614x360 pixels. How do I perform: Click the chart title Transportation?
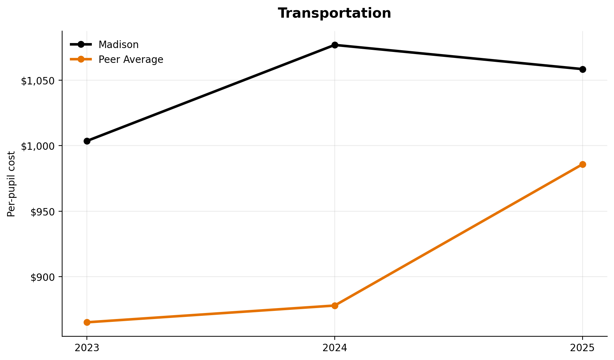[x=334, y=13]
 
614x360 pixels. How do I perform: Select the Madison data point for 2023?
[x=87, y=141]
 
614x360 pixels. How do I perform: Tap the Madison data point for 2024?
[x=335, y=45]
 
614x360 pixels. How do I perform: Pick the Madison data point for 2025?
[x=583, y=69]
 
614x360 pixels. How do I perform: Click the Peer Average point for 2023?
[x=87, y=322]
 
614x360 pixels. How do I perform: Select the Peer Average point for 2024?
[x=335, y=306]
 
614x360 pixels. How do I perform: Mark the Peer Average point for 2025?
[x=583, y=165]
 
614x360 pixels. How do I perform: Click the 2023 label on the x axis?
[x=87, y=348]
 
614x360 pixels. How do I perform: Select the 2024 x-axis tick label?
[x=335, y=348]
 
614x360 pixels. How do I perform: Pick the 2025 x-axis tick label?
[x=583, y=348]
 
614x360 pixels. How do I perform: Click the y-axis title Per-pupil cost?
[x=11, y=184]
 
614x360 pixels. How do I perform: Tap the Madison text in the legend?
[x=118, y=45]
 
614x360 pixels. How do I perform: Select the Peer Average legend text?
[x=131, y=60]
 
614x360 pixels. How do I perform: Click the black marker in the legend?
[x=81, y=44]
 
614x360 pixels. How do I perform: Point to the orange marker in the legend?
[x=81, y=59]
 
